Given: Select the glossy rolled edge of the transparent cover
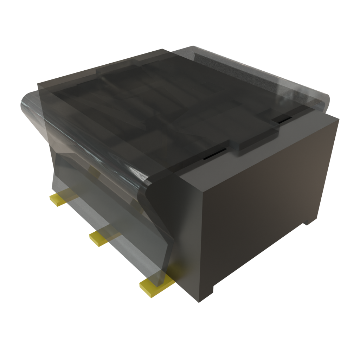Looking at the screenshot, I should click(88, 141).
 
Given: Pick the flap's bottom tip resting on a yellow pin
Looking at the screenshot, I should click(160, 278).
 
